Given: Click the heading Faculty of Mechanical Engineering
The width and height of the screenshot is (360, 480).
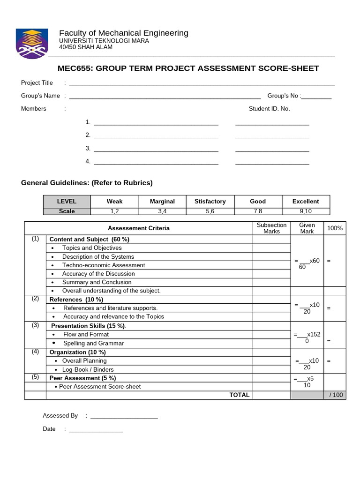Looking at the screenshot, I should [123, 33].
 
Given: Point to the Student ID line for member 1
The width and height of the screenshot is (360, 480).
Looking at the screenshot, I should [272, 123].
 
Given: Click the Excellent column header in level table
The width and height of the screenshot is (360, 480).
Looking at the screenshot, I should [305, 202].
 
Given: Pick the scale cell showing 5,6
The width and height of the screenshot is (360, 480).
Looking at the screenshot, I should [210, 211].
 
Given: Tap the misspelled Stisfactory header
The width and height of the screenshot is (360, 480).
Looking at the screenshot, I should [210, 202].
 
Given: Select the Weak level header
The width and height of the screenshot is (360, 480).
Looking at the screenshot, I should [114, 202].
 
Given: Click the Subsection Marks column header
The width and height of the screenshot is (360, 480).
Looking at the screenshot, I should [271, 228].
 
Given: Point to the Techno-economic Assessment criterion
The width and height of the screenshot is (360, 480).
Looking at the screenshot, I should [104, 265].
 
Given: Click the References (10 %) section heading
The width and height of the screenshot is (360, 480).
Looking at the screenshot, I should [76, 300].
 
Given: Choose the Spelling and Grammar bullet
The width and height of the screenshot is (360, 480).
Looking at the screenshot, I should [93, 344].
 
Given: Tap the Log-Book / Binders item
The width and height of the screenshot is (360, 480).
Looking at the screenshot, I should [88, 370].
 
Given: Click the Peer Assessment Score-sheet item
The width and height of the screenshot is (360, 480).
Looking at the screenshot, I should [100, 387].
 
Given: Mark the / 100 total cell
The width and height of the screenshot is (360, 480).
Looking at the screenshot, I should [336, 395].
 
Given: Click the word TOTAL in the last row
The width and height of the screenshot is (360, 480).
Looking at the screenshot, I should [239, 395].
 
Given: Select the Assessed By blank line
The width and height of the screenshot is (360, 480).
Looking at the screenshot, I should [124, 416].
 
